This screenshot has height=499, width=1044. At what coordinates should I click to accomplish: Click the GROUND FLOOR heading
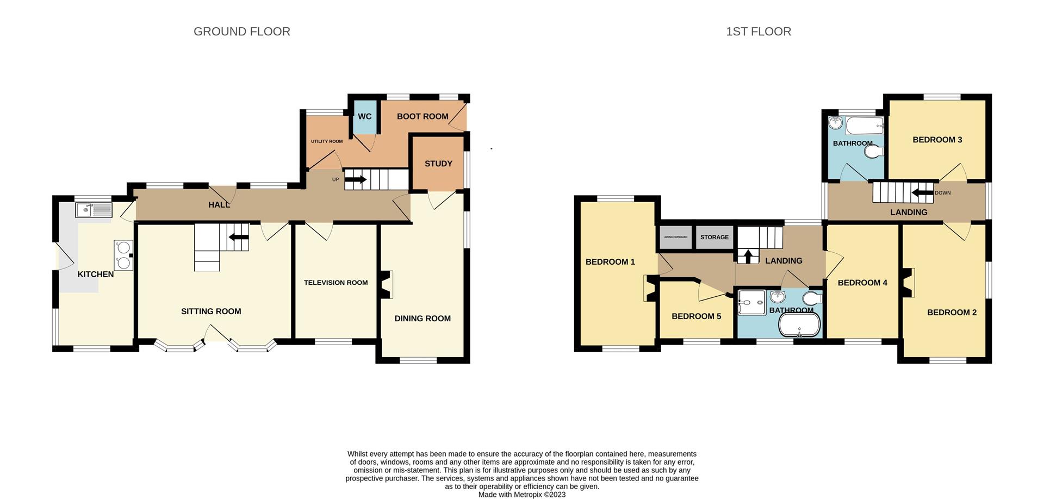click(x=241, y=32)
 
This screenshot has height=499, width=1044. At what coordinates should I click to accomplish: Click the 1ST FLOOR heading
click(x=758, y=32)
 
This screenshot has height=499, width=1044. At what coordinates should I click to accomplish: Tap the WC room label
click(x=364, y=116)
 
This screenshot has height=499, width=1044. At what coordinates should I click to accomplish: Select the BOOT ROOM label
click(x=422, y=116)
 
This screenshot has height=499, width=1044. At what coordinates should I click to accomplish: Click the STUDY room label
click(x=438, y=164)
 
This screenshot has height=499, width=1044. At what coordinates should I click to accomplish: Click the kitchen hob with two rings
click(x=123, y=255)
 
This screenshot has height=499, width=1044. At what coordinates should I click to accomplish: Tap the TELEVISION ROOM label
click(x=335, y=283)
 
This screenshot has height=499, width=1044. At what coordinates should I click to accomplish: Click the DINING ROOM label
click(x=422, y=319)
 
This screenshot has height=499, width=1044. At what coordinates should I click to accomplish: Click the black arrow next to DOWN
click(x=922, y=192)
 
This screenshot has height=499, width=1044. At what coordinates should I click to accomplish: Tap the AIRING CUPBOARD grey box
click(x=675, y=238)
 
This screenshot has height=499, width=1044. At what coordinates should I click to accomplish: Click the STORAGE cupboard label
click(x=714, y=238)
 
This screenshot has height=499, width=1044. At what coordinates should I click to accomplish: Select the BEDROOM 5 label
click(x=696, y=316)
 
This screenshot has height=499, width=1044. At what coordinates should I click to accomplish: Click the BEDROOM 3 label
click(x=937, y=140)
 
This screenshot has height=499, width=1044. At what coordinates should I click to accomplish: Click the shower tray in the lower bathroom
click(x=751, y=302)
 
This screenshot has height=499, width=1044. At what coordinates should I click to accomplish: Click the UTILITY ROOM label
click(x=327, y=141)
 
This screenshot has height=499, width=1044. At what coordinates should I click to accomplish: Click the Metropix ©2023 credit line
click(x=522, y=495)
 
